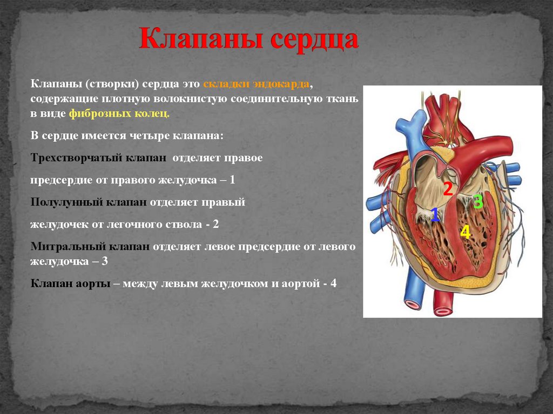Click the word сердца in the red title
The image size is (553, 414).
pyautogui.click(x=313, y=40)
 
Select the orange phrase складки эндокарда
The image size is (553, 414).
pyautogui.click(x=257, y=85)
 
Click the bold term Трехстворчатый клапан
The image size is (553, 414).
pyautogui.click(x=100, y=158)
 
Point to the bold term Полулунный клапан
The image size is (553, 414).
pyautogui.click(x=89, y=202)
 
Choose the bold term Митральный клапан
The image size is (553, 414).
pyautogui.click(x=90, y=246)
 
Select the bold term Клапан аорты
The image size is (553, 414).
pyautogui.click(x=71, y=283)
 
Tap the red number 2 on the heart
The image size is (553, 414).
pyautogui.click(x=448, y=189)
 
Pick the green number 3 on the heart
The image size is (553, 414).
pyautogui.click(x=477, y=202)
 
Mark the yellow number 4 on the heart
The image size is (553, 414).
pyautogui.click(x=465, y=232)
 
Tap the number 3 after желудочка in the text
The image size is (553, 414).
pyautogui.click(x=105, y=261)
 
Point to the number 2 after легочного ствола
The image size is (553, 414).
pyautogui.click(x=215, y=224)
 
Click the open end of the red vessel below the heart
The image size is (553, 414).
pyautogui.click(x=442, y=311)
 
